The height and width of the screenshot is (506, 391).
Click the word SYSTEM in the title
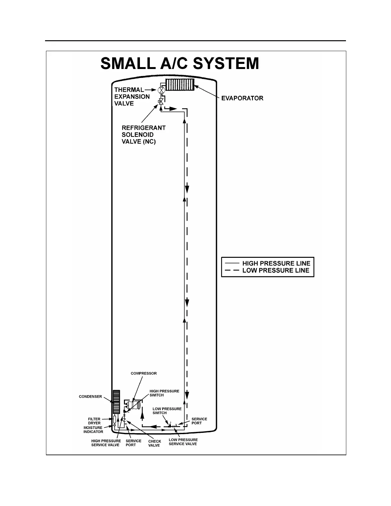(226, 64)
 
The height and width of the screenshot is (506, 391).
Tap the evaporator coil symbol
(180, 85)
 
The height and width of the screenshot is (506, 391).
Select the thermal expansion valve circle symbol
(161, 90)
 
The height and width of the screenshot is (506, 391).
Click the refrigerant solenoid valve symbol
(161, 102)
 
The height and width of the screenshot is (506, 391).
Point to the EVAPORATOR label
(242, 98)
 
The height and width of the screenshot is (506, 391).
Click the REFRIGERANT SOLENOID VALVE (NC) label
(143, 134)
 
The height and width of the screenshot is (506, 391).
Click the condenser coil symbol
(116, 402)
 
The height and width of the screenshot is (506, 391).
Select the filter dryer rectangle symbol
(114, 419)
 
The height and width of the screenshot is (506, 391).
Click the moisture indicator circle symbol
(114, 425)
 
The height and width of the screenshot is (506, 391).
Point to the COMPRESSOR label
(143, 373)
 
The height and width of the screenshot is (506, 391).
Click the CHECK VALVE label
(154, 443)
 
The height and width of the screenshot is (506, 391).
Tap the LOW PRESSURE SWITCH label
(167, 411)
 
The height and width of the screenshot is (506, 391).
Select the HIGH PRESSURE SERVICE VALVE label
(106, 443)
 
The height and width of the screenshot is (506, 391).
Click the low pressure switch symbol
(170, 425)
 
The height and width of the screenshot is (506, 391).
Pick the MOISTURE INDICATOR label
(93, 430)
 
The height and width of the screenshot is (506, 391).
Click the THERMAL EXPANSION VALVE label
(132, 96)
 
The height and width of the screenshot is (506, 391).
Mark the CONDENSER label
(90, 396)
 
